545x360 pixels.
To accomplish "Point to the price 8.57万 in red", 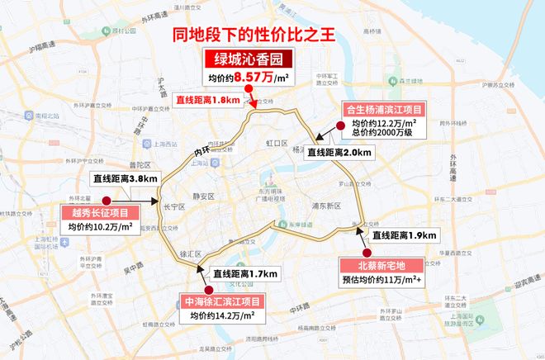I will [252, 78].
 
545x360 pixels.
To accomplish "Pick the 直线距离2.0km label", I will [339, 153].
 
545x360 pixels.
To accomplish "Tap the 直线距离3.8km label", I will [121, 178].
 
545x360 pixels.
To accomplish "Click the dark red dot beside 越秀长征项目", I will [106, 199].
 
